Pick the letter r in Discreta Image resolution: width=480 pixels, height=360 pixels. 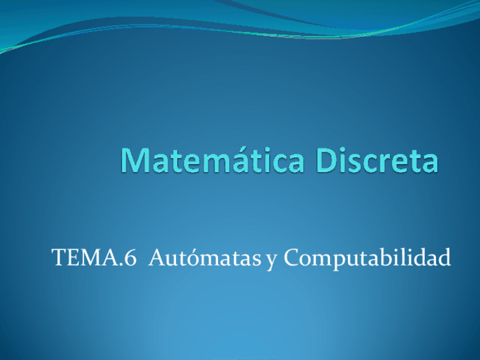pyautogui.click(x=384, y=163)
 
